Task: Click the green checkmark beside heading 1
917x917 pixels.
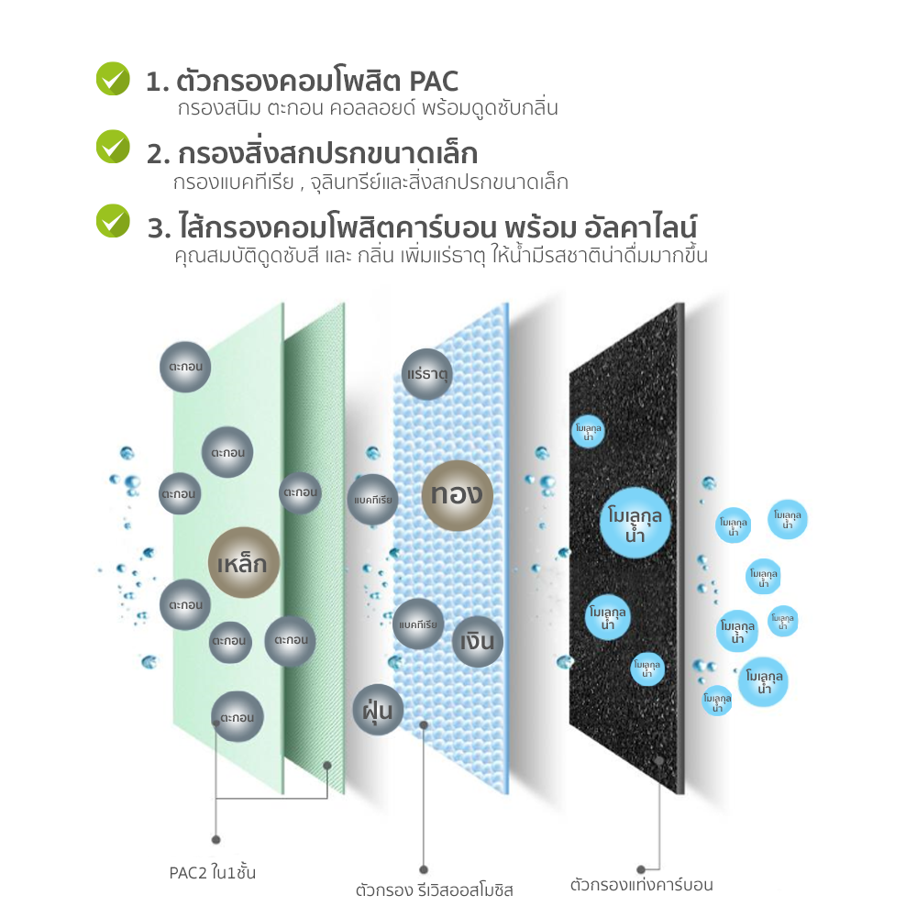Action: (x=113, y=78)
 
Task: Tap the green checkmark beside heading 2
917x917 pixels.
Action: (x=113, y=147)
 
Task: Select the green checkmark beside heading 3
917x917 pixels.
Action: (x=113, y=220)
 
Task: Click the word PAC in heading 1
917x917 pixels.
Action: (x=434, y=82)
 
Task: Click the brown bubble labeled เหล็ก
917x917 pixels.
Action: (x=244, y=563)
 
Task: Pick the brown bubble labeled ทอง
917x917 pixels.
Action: (x=458, y=495)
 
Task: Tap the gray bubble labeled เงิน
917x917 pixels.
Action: (x=477, y=642)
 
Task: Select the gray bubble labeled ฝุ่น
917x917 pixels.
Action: (x=378, y=710)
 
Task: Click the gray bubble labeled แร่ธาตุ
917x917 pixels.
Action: (x=427, y=374)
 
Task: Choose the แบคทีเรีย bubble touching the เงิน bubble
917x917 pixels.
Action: (x=418, y=624)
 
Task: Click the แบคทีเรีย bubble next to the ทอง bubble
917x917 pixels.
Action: (x=372, y=500)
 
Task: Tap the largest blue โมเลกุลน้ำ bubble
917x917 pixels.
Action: (x=635, y=523)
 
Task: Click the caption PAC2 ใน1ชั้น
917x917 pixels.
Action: (x=213, y=873)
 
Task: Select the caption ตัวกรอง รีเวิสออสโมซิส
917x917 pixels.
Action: (x=434, y=890)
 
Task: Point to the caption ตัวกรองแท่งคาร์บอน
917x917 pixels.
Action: (x=642, y=884)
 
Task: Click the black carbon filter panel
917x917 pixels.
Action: (x=626, y=549)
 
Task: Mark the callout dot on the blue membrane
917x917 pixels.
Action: (x=424, y=725)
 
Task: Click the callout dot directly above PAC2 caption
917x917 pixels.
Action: (x=215, y=840)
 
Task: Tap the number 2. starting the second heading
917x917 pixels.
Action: (x=159, y=154)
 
